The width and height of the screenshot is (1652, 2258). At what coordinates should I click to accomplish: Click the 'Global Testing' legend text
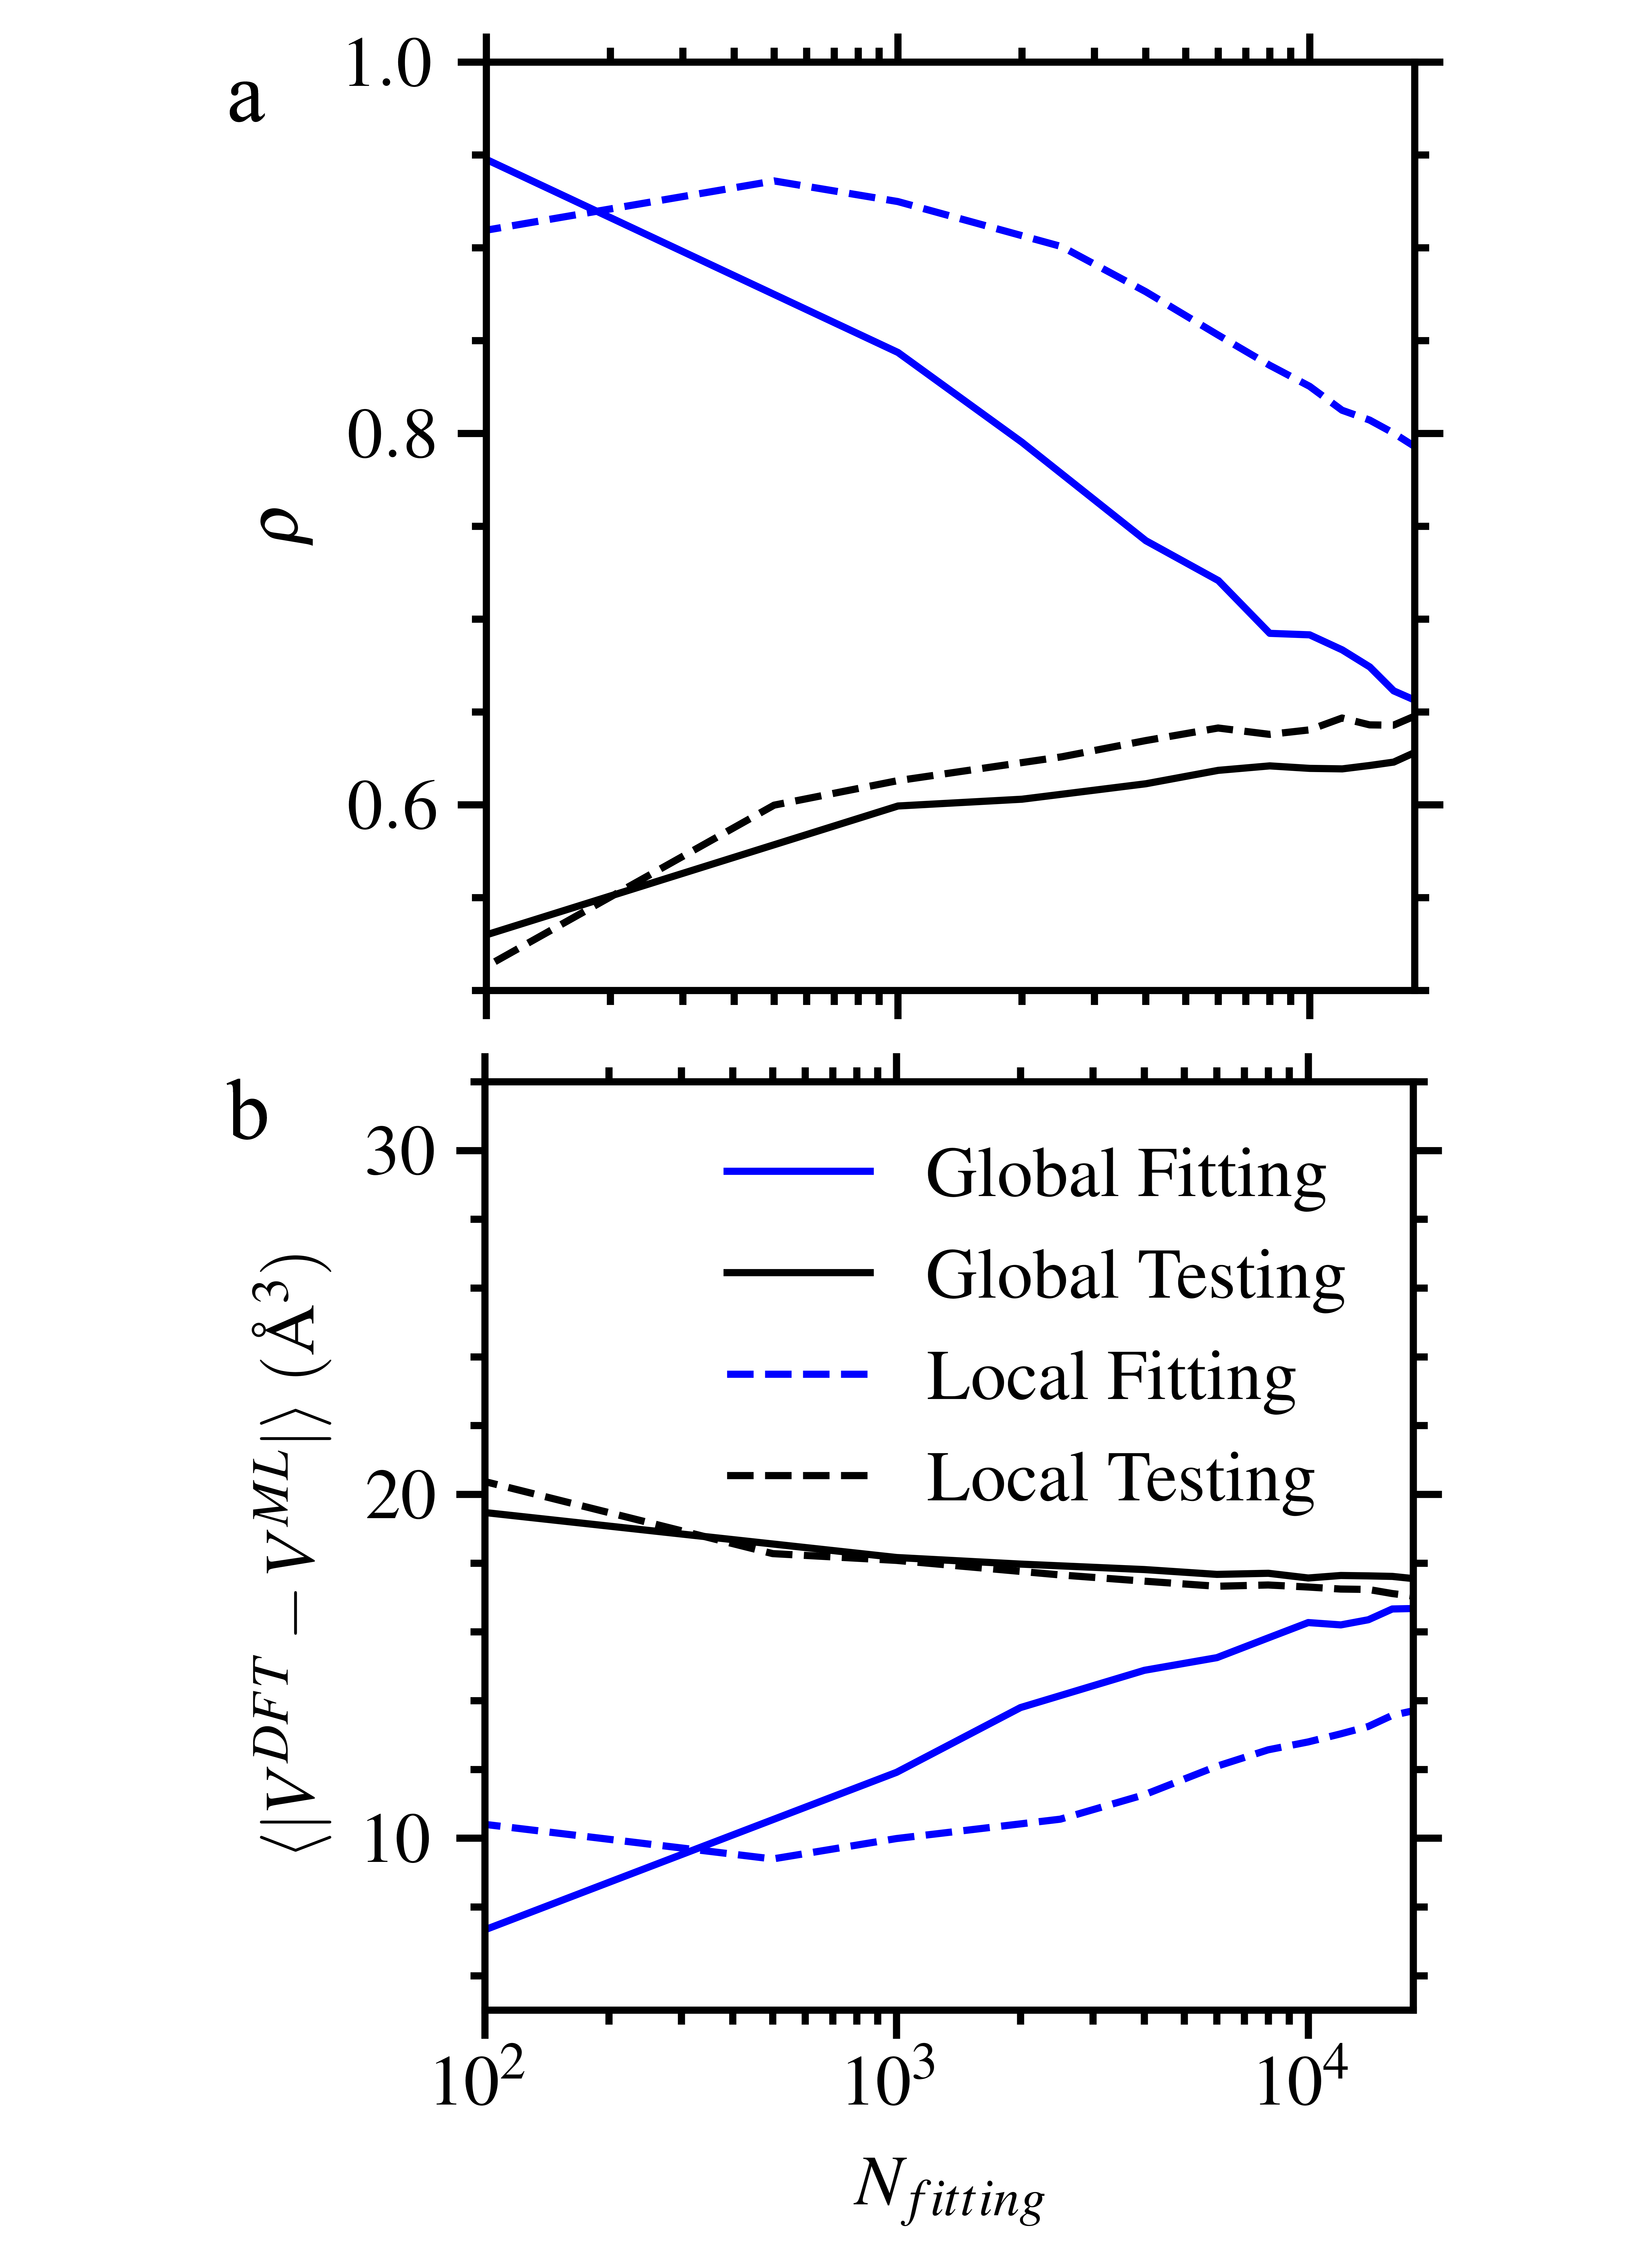click(x=1135, y=1276)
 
